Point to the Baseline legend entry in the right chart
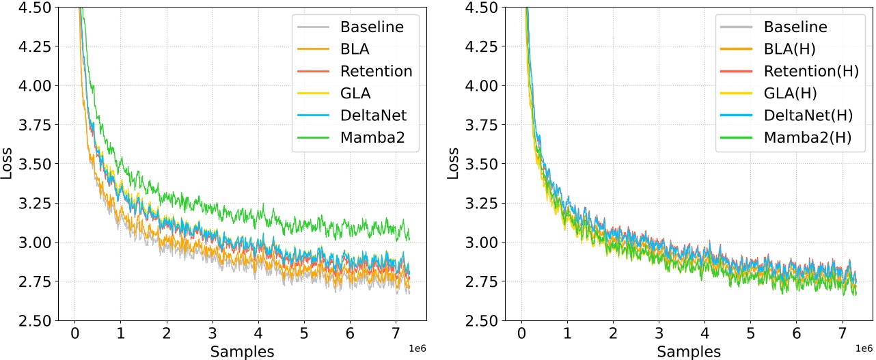tap(795, 28)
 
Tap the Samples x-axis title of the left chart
tap(242, 352)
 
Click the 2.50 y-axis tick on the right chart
tap(482, 320)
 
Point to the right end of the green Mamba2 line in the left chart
tap(409, 238)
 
